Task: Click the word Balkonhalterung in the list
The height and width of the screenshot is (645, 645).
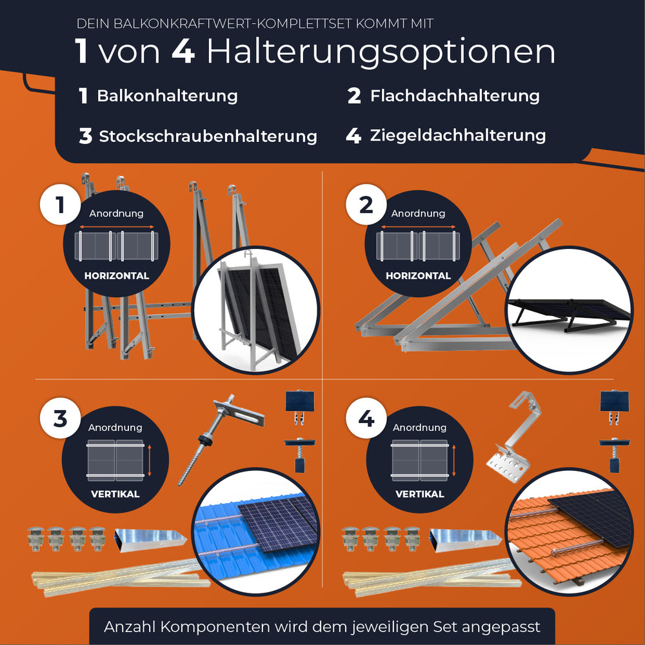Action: point(167,96)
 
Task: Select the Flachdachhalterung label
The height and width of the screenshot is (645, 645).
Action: point(455,96)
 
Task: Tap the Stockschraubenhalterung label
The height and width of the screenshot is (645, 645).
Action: point(208,136)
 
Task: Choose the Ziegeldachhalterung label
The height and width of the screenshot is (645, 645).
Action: point(458,135)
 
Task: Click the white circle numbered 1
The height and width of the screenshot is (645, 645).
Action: point(60,206)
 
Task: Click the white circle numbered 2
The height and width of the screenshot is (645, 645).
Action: point(366,206)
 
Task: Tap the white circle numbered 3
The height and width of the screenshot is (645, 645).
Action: point(60,419)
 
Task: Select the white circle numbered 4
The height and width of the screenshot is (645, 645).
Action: point(366,419)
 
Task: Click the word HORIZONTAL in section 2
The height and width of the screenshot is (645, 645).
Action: point(418,275)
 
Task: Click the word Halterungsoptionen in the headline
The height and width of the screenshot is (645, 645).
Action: point(381,52)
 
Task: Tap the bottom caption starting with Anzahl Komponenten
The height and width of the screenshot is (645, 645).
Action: point(322,626)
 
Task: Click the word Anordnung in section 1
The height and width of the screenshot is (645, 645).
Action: point(116,213)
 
